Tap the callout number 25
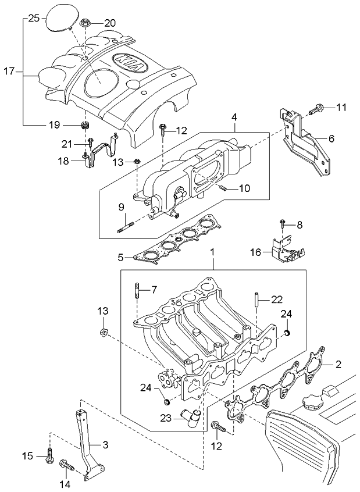[33, 19]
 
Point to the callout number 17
[8, 72]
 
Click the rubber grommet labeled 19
[84, 127]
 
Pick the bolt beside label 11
[318, 108]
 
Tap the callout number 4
[234, 117]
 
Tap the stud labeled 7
[138, 290]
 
